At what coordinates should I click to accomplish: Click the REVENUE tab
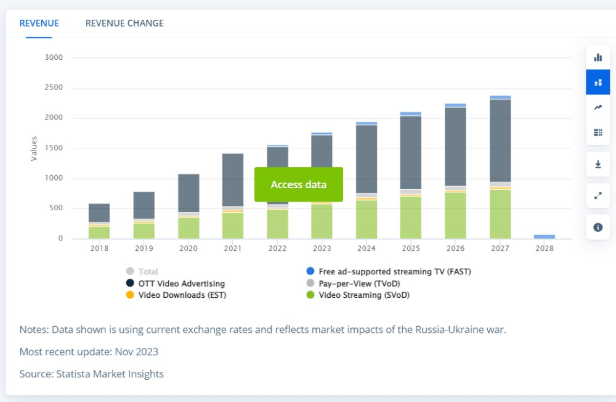click(39, 23)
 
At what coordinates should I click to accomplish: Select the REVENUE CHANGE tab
click(124, 23)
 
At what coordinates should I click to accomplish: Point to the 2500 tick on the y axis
click(54, 88)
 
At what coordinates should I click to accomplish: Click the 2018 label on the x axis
click(100, 248)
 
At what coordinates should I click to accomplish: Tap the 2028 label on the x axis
click(545, 248)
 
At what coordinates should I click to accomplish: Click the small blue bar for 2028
click(545, 236)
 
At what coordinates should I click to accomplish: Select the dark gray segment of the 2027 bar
click(500, 141)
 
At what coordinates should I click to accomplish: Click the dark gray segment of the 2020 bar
click(188, 193)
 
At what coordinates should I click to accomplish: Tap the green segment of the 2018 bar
click(99, 232)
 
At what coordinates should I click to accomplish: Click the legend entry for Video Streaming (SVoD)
click(363, 295)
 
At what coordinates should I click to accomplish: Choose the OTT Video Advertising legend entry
click(181, 284)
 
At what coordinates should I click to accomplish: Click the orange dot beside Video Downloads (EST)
click(130, 295)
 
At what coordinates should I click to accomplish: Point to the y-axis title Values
click(34, 149)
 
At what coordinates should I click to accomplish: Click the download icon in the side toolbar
click(598, 164)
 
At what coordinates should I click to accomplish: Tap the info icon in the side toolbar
click(598, 227)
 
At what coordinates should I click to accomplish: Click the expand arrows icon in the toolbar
click(598, 195)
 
